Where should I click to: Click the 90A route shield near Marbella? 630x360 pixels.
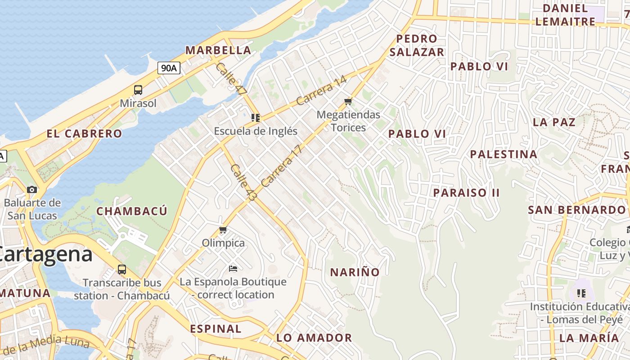click(x=169, y=68)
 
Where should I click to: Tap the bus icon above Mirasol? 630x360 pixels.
click(x=138, y=90)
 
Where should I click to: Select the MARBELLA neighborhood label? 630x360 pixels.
click(x=218, y=50)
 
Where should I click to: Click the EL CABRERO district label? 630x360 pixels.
click(x=84, y=134)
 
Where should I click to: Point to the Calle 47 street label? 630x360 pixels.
click(x=231, y=78)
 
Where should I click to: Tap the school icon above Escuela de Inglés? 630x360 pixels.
click(x=256, y=118)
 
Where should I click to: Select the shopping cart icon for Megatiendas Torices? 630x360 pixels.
click(x=348, y=102)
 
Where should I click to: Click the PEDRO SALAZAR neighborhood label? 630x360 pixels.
click(x=417, y=45)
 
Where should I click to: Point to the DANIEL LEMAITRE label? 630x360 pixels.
click(x=565, y=14)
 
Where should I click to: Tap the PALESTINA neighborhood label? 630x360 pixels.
click(x=504, y=154)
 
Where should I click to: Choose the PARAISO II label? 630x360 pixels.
click(x=466, y=193)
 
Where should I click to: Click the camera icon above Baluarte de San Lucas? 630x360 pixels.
click(x=31, y=189)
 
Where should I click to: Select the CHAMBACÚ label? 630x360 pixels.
click(x=132, y=211)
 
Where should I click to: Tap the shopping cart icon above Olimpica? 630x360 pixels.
click(x=223, y=230)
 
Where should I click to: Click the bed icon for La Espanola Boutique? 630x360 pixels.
click(x=233, y=269)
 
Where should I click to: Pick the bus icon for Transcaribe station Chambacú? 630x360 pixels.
click(x=121, y=270)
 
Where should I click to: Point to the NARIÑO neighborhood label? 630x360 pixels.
click(x=355, y=272)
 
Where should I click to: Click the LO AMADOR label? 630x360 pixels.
click(x=314, y=337)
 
